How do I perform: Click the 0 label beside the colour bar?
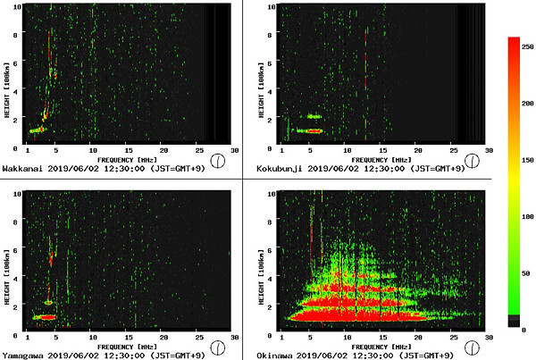(525, 329)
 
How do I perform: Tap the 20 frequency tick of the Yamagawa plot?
(163, 339)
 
